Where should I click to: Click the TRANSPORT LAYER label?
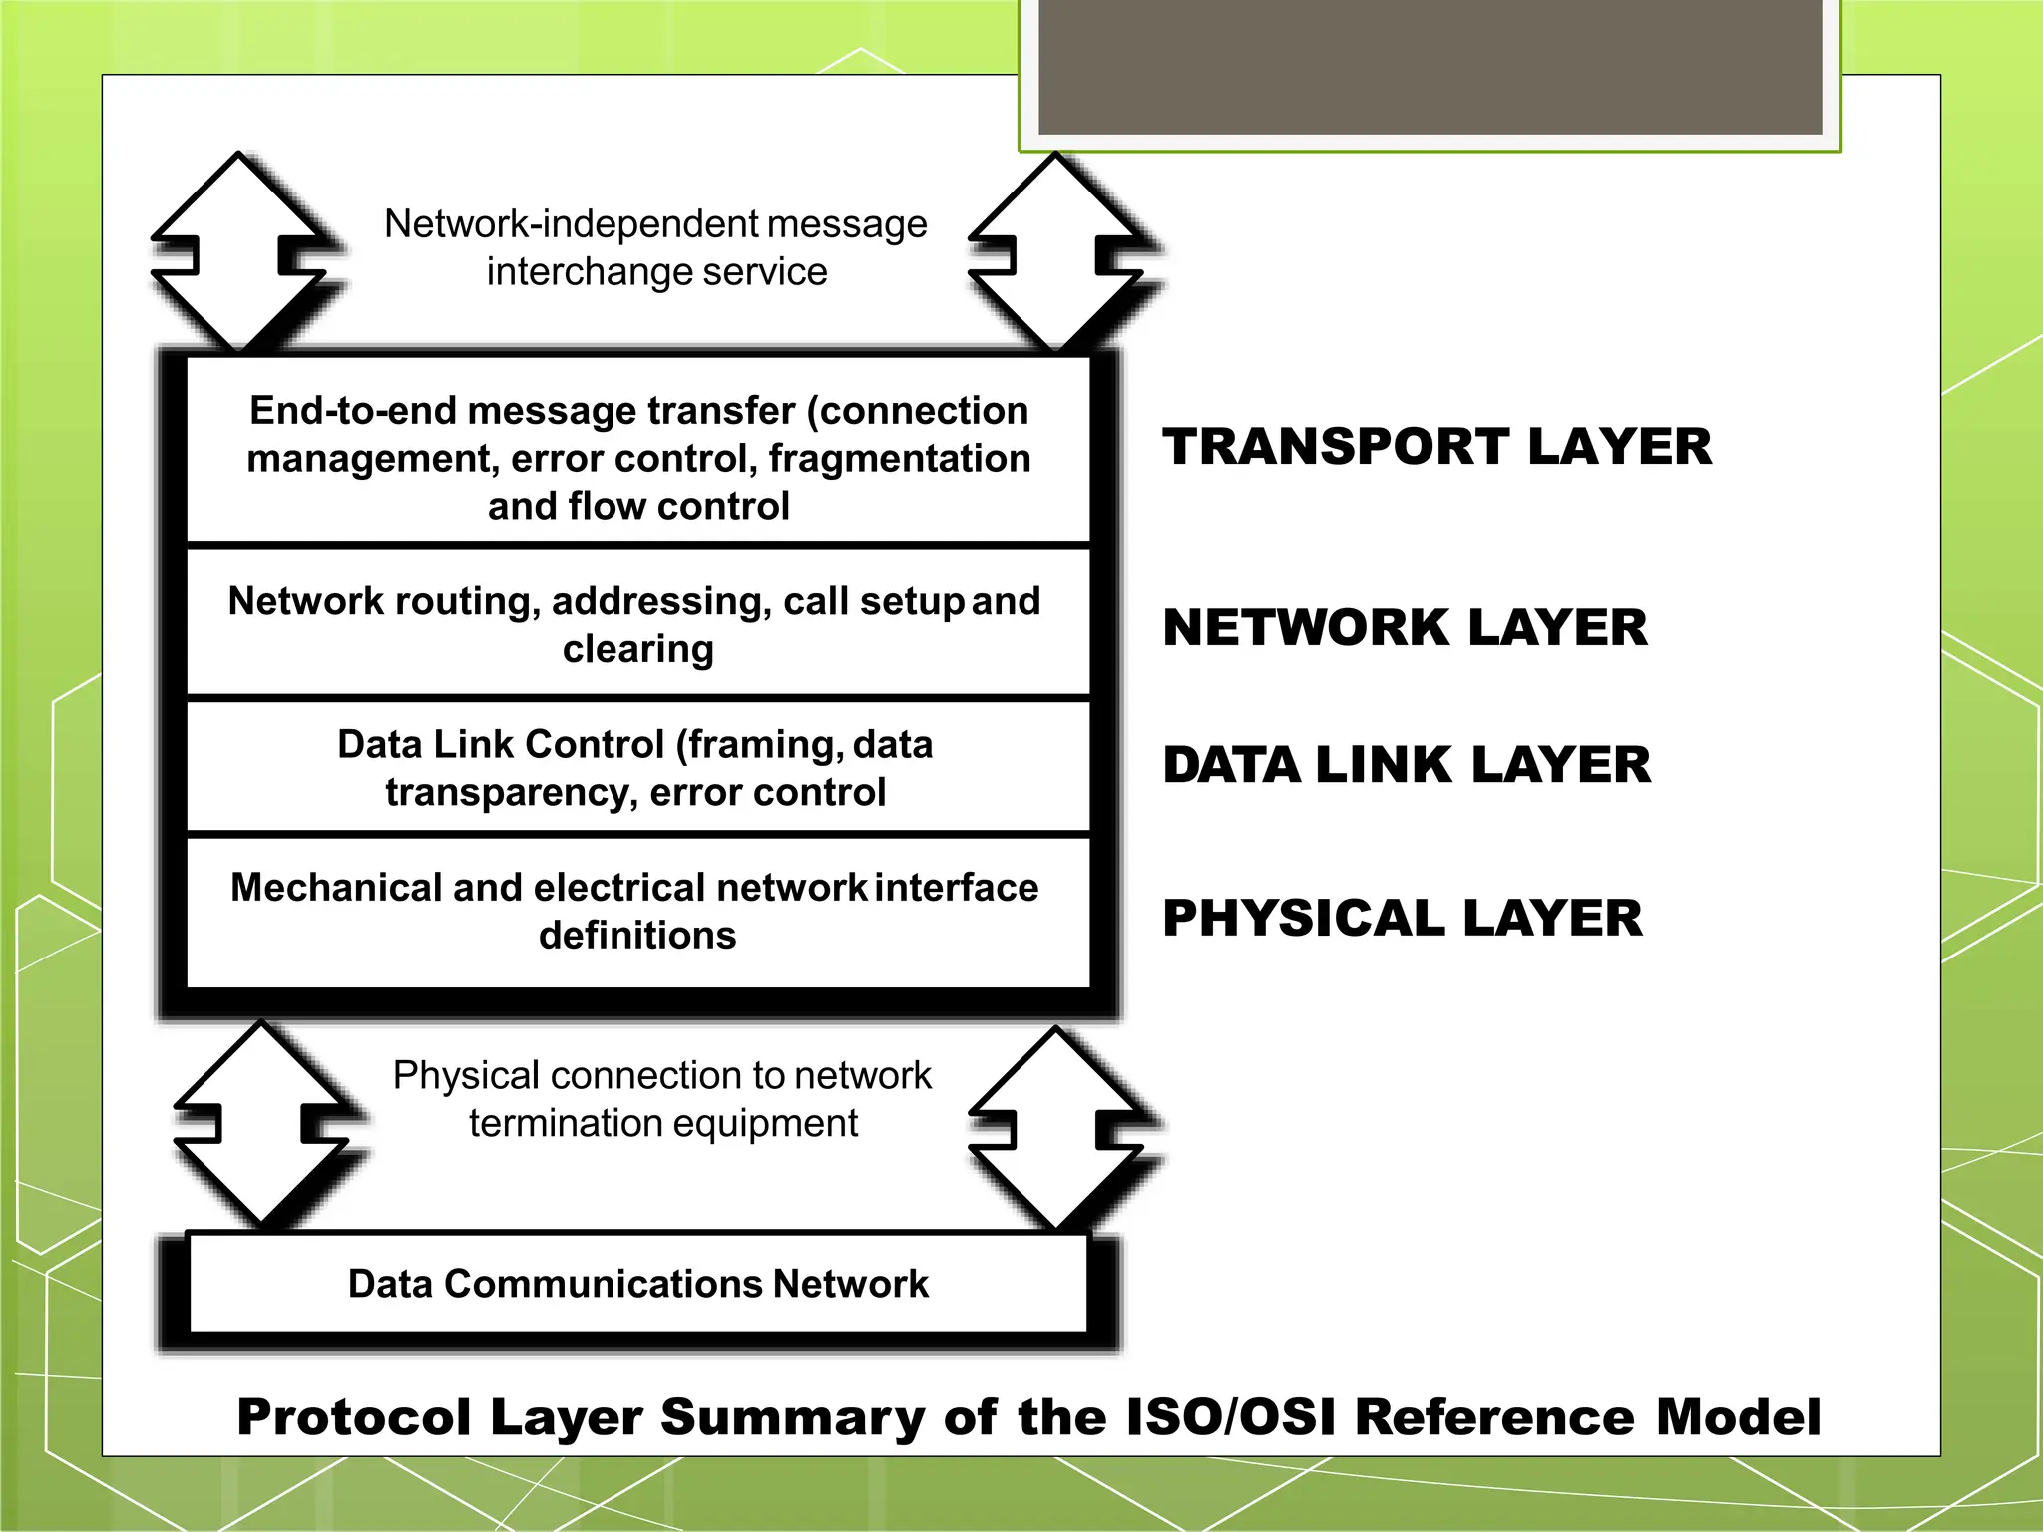1436,446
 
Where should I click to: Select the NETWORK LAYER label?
1405,627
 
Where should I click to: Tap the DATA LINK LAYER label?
1407,765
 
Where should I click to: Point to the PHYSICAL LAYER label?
1402,918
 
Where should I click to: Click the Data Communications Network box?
637,1284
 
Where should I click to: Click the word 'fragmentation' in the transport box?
899,459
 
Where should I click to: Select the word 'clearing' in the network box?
637,649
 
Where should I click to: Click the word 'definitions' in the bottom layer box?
637,936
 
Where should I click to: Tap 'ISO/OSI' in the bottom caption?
1230,1417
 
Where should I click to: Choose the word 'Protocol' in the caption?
353,1417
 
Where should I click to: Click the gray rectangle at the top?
1430,66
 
